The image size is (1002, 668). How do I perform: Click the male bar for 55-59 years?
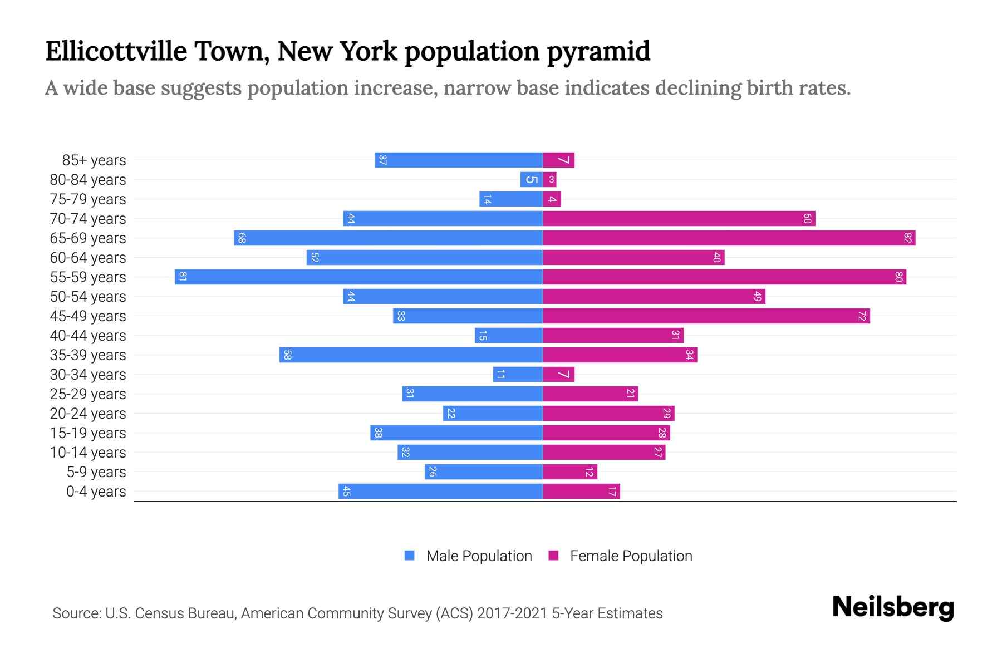pyautogui.click(x=358, y=277)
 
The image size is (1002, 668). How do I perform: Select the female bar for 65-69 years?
pyautogui.click(x=729, y=238)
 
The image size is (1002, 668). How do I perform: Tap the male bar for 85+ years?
pyautogui.click(x=459, y=160)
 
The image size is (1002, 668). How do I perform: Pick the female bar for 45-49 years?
pyautogui.click(x=706, y=316)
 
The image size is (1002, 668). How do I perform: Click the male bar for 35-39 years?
pyautogui.click(x=411, y=355)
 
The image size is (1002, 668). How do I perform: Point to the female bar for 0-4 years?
pyautogui.click(x=581, y=491)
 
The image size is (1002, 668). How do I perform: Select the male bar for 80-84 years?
pyautogui.click(x=532, y=179)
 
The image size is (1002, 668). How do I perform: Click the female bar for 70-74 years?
pyautogui.click(x=679, y=218)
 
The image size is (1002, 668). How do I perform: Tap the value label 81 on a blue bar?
pyautogui.click(x=183, y=277)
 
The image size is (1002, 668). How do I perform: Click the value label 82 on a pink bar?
pyautogui.click(x=908, y=238)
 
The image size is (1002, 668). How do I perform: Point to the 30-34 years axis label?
pyautogui.click(x=88, y=375)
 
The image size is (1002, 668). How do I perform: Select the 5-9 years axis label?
pyautogui.click(x=96, y=472)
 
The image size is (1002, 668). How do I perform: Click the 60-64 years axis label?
pyautogui.click(x=88, y=258)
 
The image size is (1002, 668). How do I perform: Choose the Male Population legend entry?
pyautogui.click(x=479, y=556)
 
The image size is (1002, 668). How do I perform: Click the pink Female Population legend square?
pyautogui.click(x=553, y=556)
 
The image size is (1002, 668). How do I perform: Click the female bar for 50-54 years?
pyautogui.click(x=654, y=296)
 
